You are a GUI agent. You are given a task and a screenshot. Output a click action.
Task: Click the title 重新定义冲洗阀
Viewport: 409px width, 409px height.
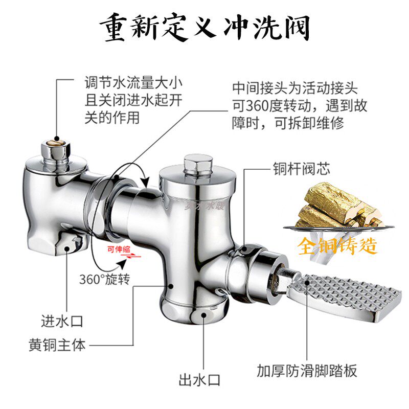(204, 27)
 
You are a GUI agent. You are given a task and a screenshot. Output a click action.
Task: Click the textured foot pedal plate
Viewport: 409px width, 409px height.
(343, 297)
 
